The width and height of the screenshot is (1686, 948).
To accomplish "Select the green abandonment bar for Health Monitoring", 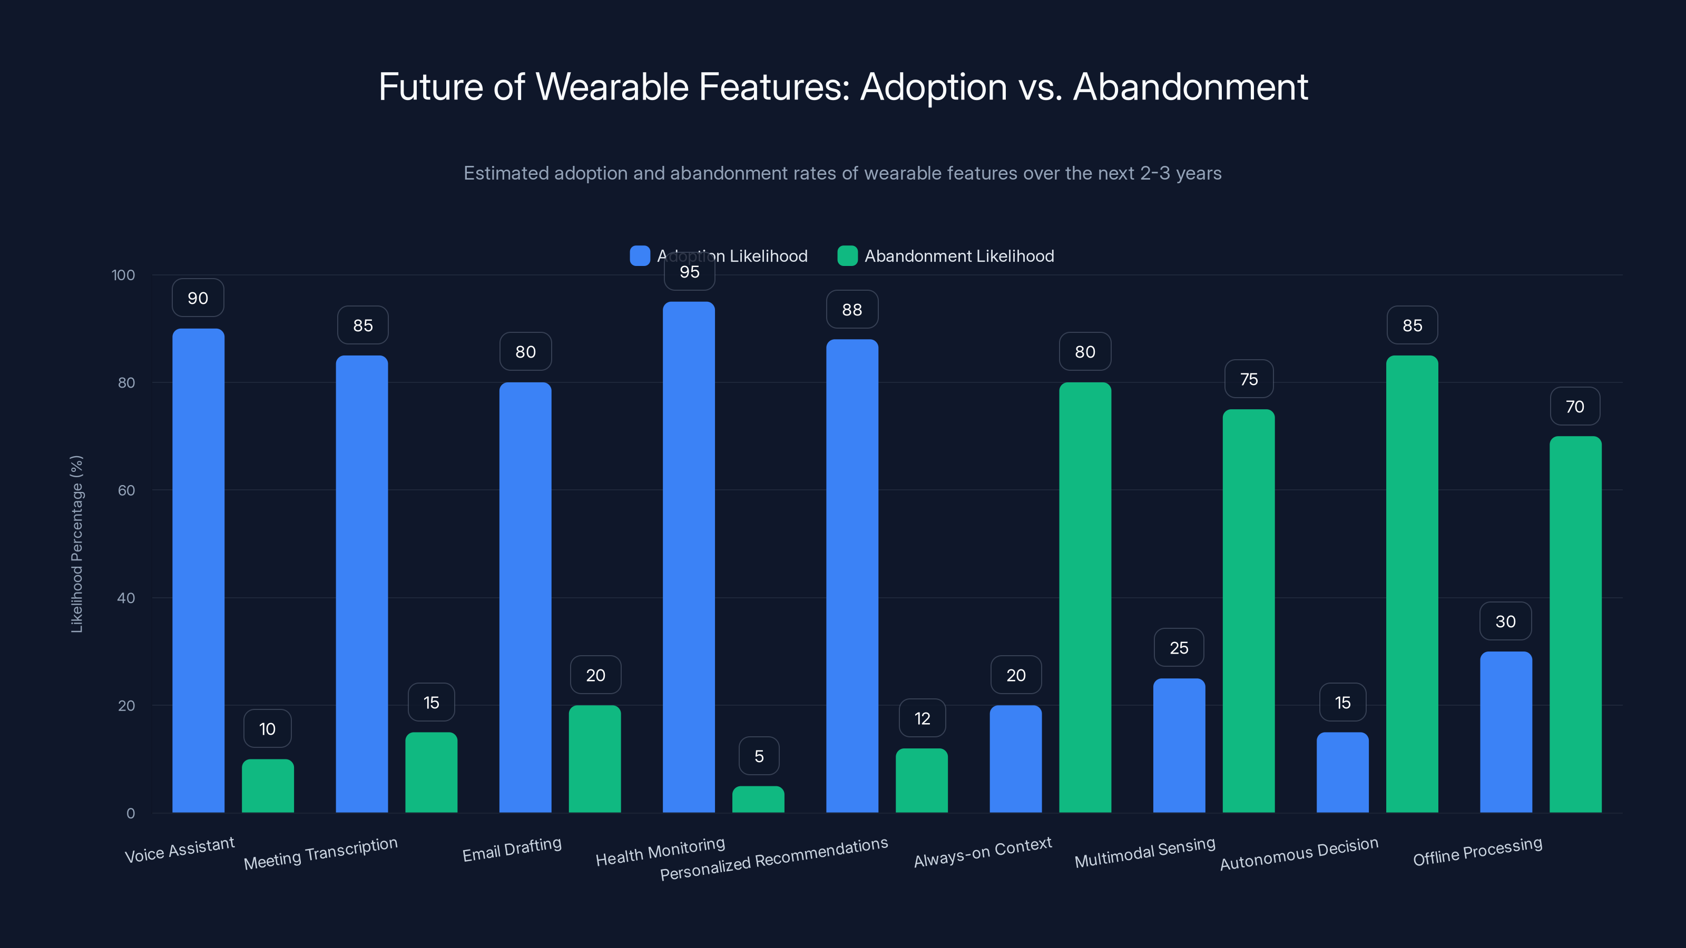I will tap(758, 799).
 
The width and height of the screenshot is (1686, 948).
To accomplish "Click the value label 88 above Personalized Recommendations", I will tap(851, 310).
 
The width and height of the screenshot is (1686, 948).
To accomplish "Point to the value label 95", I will tap(689, 272).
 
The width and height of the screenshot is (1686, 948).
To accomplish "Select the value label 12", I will tap(922, 718).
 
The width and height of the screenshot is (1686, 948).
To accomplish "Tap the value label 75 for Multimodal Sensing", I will tap(1248, 379).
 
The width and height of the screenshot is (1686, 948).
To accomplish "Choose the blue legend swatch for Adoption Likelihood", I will tap(640, 256).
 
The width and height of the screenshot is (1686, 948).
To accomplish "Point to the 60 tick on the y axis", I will tap(126, 490).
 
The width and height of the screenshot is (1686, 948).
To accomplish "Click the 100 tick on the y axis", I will tap(123, 275).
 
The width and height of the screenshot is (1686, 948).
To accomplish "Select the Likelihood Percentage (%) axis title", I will tap(76, 544).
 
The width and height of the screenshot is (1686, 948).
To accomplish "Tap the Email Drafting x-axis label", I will tap(512, 849).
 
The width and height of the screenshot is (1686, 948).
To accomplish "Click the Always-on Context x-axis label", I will tap(983, 852).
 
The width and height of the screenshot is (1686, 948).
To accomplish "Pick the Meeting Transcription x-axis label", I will tap(321, 853).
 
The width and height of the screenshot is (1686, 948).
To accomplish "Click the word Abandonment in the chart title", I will tap(1190, 87).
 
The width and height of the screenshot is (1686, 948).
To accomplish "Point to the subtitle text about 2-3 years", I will tap(842, 173).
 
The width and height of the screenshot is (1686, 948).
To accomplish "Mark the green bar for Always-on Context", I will tap(1084, 597).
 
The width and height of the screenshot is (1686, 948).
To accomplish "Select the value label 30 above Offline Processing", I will tap(1505, 621).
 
